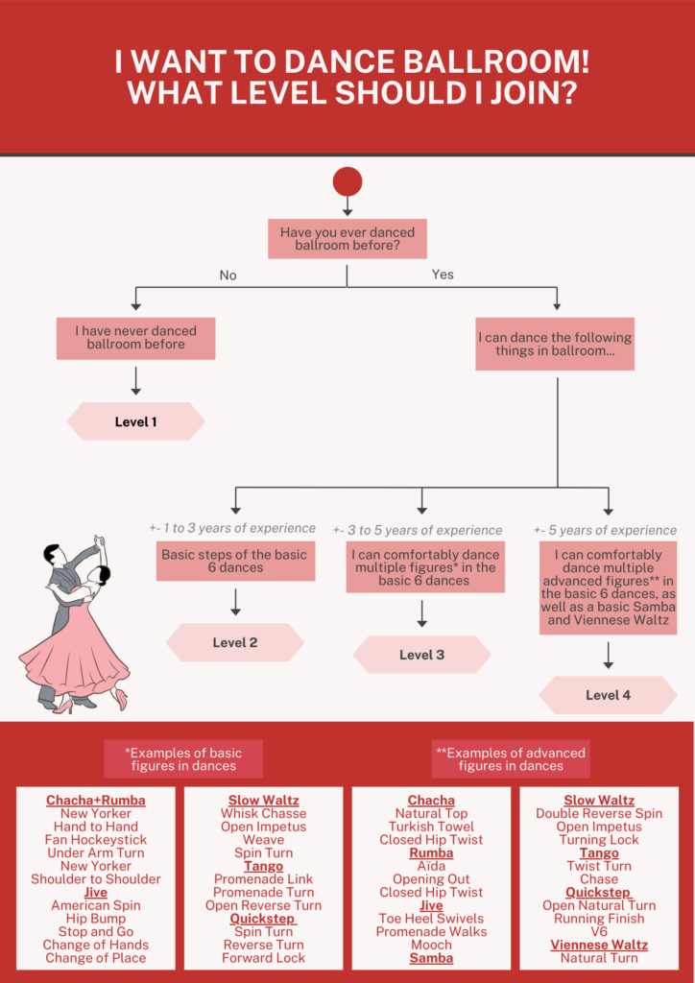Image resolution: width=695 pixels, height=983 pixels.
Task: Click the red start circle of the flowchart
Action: tap(347, 181)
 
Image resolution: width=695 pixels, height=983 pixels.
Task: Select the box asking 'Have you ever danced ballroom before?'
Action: tap(347, 239)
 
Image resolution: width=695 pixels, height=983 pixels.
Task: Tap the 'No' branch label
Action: tap(228, 276)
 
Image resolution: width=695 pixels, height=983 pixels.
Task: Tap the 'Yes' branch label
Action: tap(443, 274)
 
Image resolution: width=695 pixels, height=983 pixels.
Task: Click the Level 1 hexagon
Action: tap(136, 421)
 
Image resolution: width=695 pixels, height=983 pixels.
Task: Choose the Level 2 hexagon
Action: tap(235, 642)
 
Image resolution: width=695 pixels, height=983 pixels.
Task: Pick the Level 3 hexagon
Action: tap(421, 655)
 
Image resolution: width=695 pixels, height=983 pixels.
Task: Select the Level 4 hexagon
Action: tap(608, 695)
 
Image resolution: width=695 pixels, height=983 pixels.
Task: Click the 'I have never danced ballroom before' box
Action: tap(136, 339)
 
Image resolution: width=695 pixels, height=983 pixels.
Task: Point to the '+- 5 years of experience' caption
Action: tap(606, 530)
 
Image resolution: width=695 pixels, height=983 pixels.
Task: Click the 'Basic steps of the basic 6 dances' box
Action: tap(235, 561)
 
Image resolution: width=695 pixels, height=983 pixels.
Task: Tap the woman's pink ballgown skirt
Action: tap(75, 652)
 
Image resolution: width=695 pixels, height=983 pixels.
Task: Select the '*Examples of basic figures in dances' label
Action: tap(183, 759)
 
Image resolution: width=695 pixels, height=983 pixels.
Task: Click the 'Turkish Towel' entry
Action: tap(431, 827)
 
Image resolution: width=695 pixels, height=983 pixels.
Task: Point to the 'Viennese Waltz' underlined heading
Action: tap(599, 945)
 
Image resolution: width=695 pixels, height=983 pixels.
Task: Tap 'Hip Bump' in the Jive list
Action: tap(96, 919)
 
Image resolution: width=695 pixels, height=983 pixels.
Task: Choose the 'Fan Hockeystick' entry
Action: tap(96, 839)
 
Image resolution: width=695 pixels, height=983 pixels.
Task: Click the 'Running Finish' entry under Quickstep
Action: tap(599, 919)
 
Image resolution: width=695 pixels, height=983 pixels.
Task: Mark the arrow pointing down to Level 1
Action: tap(136, 381)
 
